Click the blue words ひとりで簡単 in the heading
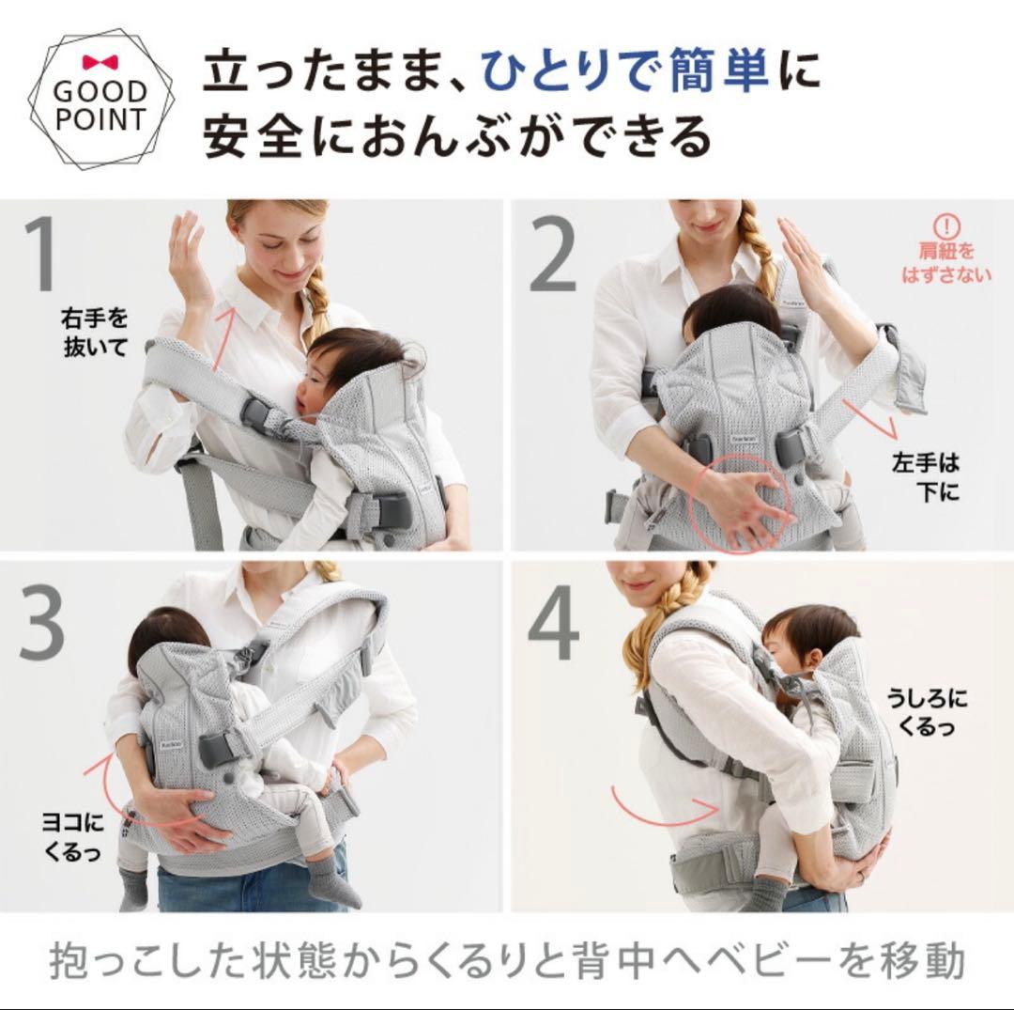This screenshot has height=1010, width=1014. click(x=625, y=72)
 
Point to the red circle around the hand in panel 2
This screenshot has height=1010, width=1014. click(x=739, y=504)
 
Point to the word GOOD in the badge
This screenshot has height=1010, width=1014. click(x=100, y=92)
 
